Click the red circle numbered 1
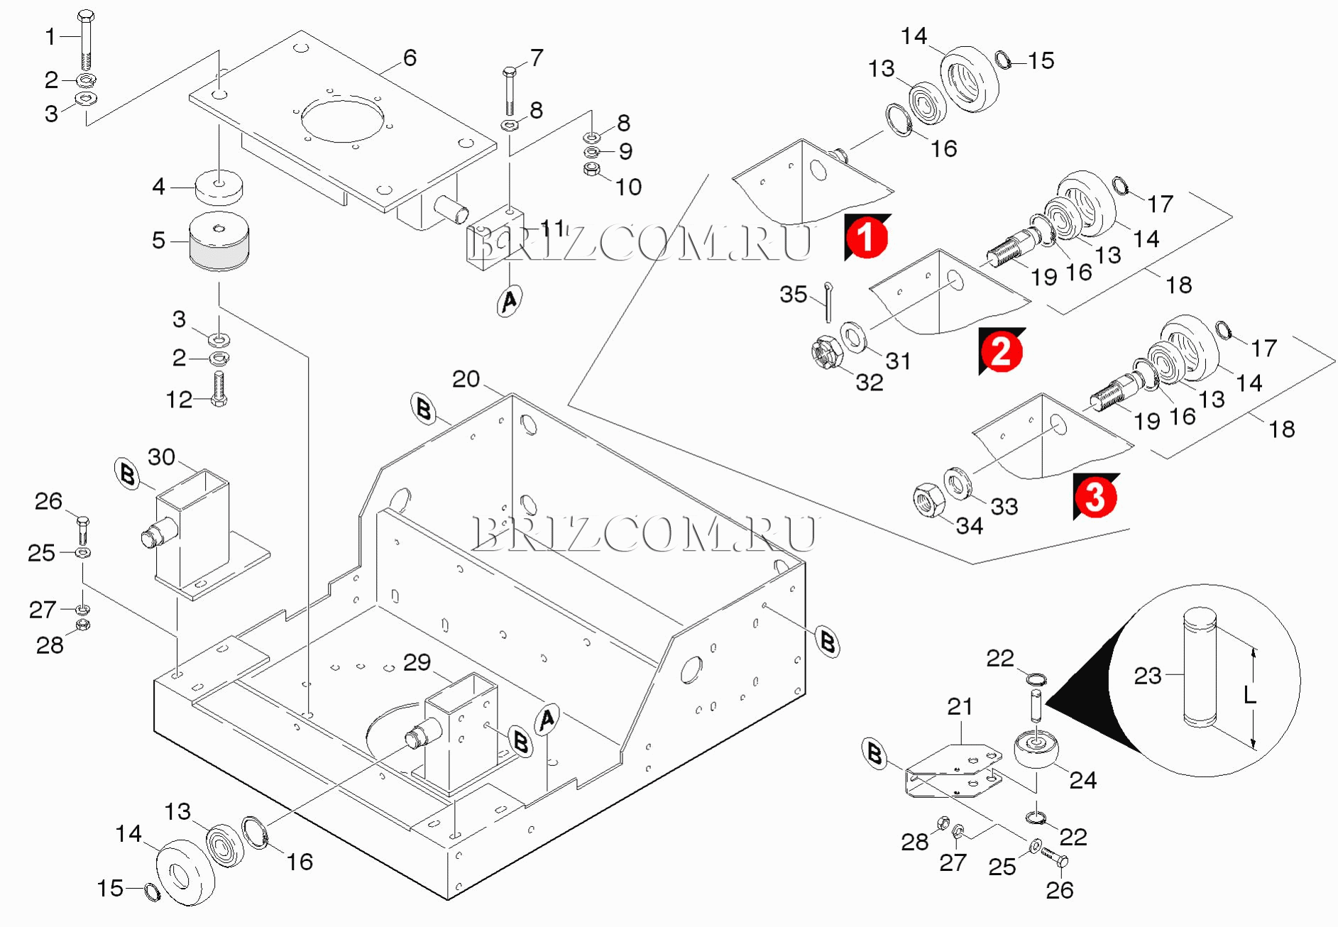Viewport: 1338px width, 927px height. tap(867, 237)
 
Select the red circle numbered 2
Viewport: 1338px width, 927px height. tap(1001, 351)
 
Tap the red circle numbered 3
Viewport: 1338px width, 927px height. tap(1095, 496)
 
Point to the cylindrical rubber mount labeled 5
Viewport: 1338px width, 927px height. tap(219, 241)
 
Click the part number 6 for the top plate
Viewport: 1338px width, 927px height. tap(410, 58)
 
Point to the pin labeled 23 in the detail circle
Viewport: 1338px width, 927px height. tap(1200, 667)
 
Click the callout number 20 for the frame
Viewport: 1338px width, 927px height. tap(466, 379)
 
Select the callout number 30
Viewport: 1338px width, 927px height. tap(161, 457)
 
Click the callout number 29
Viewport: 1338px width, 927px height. tap(417, 662)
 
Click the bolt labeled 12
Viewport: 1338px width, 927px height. tap(219, 390)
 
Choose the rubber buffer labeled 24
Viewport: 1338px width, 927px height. tap(1036, 751)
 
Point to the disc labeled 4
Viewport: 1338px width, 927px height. tap(219, 187)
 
